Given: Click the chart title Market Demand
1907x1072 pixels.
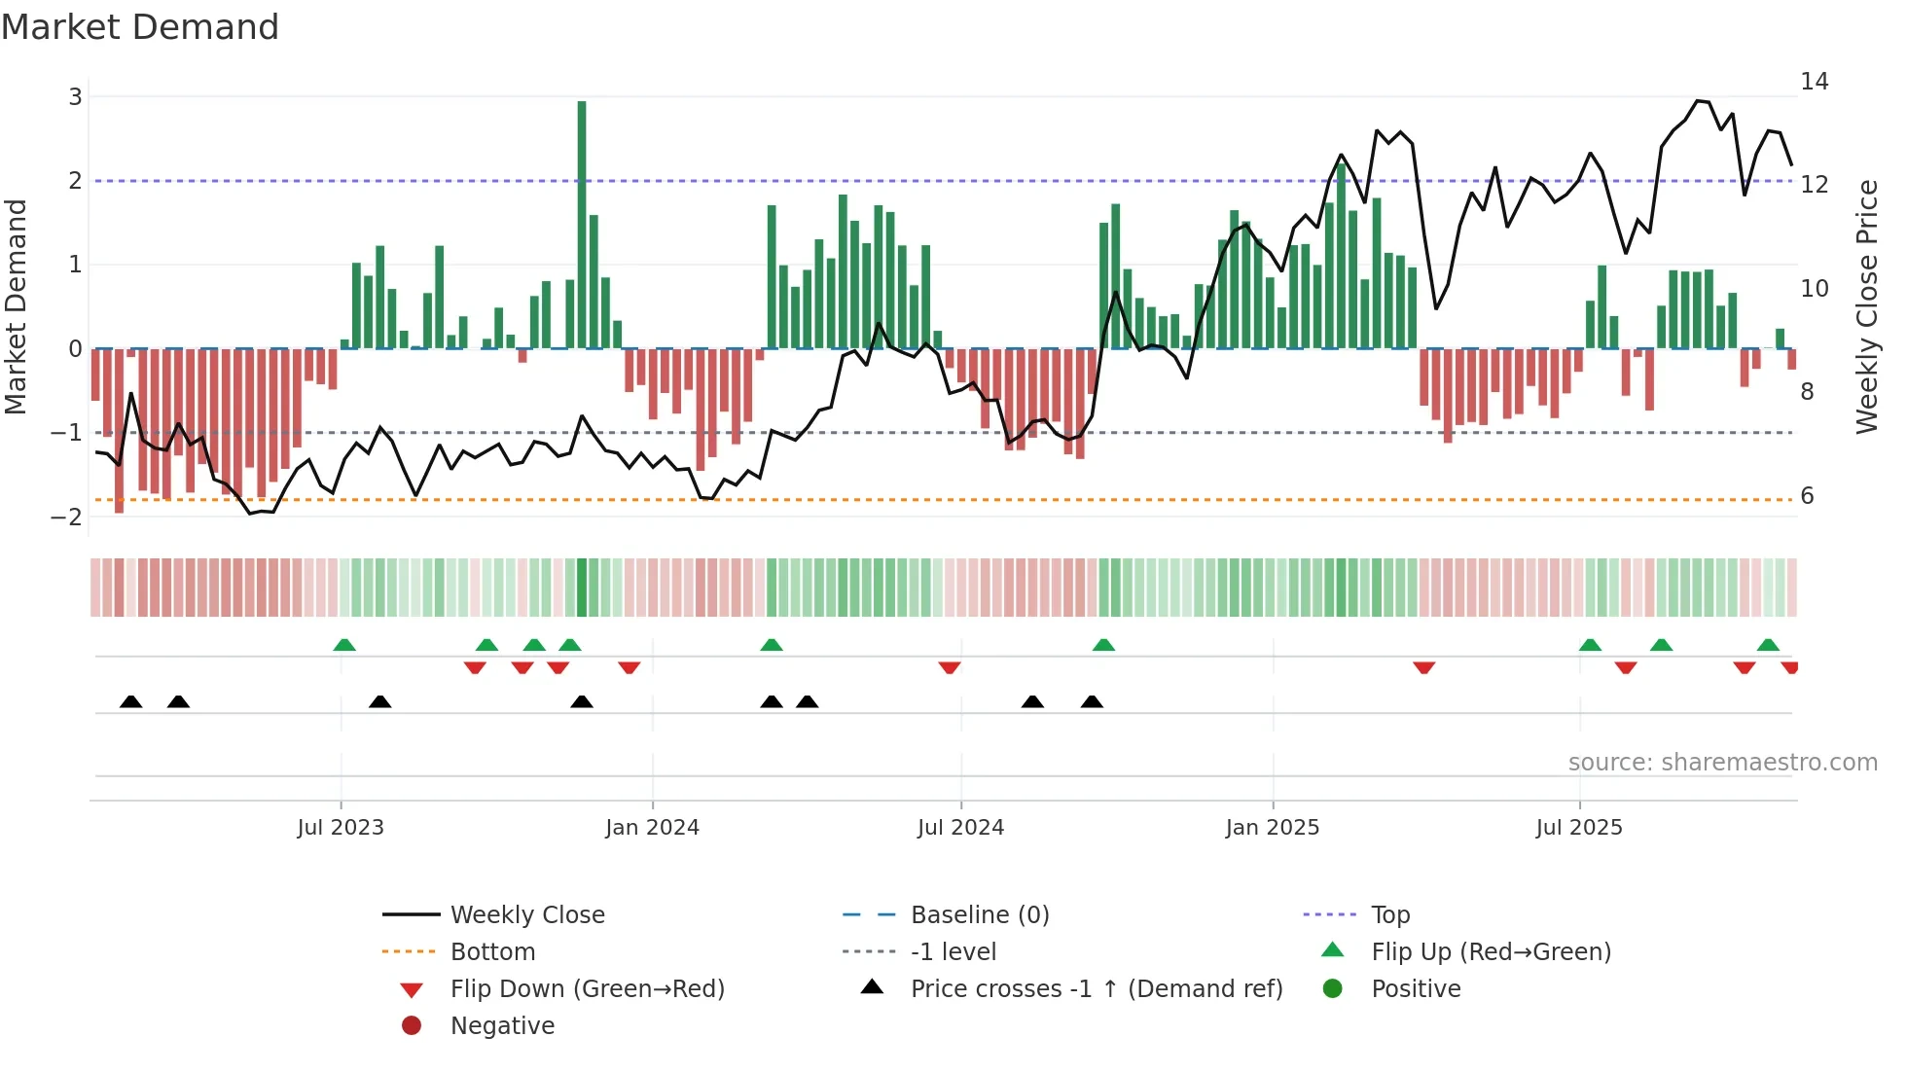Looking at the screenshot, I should (x=140, y=27).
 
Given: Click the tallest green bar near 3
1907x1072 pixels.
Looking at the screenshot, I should (x=582, y=224).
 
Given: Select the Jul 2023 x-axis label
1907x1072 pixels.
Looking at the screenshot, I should (x=341, y=828).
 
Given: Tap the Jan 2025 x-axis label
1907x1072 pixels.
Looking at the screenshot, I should (x=1272, y=828).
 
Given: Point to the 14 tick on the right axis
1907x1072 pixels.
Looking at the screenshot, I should (x=1814, y=82).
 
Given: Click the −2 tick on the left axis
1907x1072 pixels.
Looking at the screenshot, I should (x=66, y=517).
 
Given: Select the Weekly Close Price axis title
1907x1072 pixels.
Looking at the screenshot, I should (x=1866, y=306).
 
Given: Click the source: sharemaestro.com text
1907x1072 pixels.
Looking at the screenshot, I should (x=1722, y=763).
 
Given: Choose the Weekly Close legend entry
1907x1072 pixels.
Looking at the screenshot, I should (x=526, y=915).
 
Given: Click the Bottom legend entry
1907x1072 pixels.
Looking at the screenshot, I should (x=492, y=952).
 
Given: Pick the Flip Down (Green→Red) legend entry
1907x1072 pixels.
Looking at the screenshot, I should (x=587, y=989).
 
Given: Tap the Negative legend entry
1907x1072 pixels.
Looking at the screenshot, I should (x=502, y=1026).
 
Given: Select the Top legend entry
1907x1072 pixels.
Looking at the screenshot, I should (x=1389, y=915).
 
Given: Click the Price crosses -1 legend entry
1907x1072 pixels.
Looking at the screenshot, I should (x=1096, y=989).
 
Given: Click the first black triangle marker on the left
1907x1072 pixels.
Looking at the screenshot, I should (x=130, y=702).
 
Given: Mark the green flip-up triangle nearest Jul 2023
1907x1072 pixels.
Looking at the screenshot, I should (x=344, y=645).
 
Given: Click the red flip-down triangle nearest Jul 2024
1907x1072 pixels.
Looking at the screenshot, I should (x=950, y=667).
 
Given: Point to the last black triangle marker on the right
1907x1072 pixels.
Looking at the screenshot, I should (x=1092, y=702).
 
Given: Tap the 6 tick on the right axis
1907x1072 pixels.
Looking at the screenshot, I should (x=1807, y=496).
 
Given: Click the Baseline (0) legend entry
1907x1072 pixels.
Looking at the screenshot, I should (x=979, y=915).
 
